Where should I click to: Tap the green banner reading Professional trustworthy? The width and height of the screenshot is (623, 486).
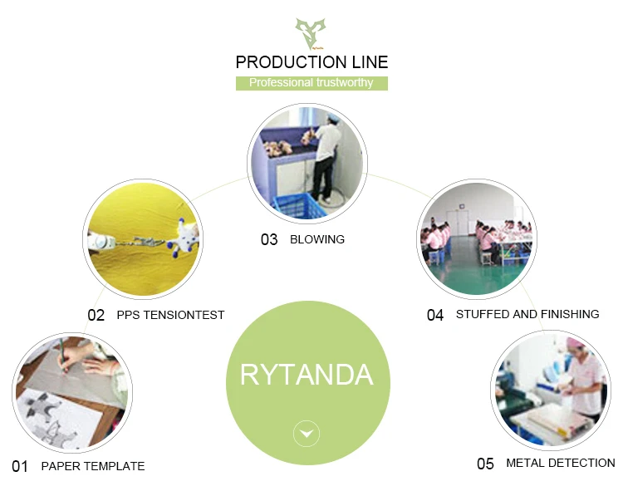point(311,83)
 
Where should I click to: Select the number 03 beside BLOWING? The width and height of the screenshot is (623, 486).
point(269,239)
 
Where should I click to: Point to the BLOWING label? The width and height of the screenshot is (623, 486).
point(317,239)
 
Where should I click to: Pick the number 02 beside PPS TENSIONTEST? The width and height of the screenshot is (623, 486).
point(96,316)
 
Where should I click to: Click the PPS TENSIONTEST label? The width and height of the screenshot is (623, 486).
point(170,315)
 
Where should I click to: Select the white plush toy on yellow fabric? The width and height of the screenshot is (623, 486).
point(184,238)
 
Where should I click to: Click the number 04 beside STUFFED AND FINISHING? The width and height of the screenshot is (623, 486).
point(435,315)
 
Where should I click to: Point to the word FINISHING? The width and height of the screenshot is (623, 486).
point(570,314)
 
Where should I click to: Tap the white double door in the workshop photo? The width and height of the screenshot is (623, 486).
point(458,223)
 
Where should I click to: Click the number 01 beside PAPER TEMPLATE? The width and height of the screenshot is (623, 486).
point(20,467)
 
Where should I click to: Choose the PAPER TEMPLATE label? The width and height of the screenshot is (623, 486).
point(93,466)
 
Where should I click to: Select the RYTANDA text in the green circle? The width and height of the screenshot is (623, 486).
point(307,375)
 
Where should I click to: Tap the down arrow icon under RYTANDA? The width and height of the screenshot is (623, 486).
point(307,434)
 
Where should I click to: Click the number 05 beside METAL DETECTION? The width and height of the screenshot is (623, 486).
point(485,464)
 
